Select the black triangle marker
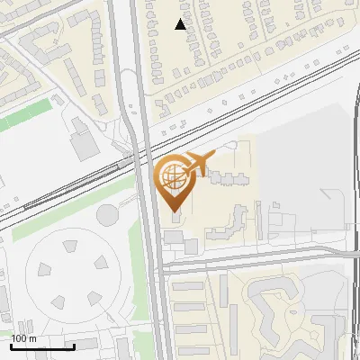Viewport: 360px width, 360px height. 181,24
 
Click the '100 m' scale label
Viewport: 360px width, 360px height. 24,339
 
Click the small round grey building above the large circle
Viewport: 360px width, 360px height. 107,215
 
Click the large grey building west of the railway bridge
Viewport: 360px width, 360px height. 85,145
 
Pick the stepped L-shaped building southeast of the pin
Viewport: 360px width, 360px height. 230,221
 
